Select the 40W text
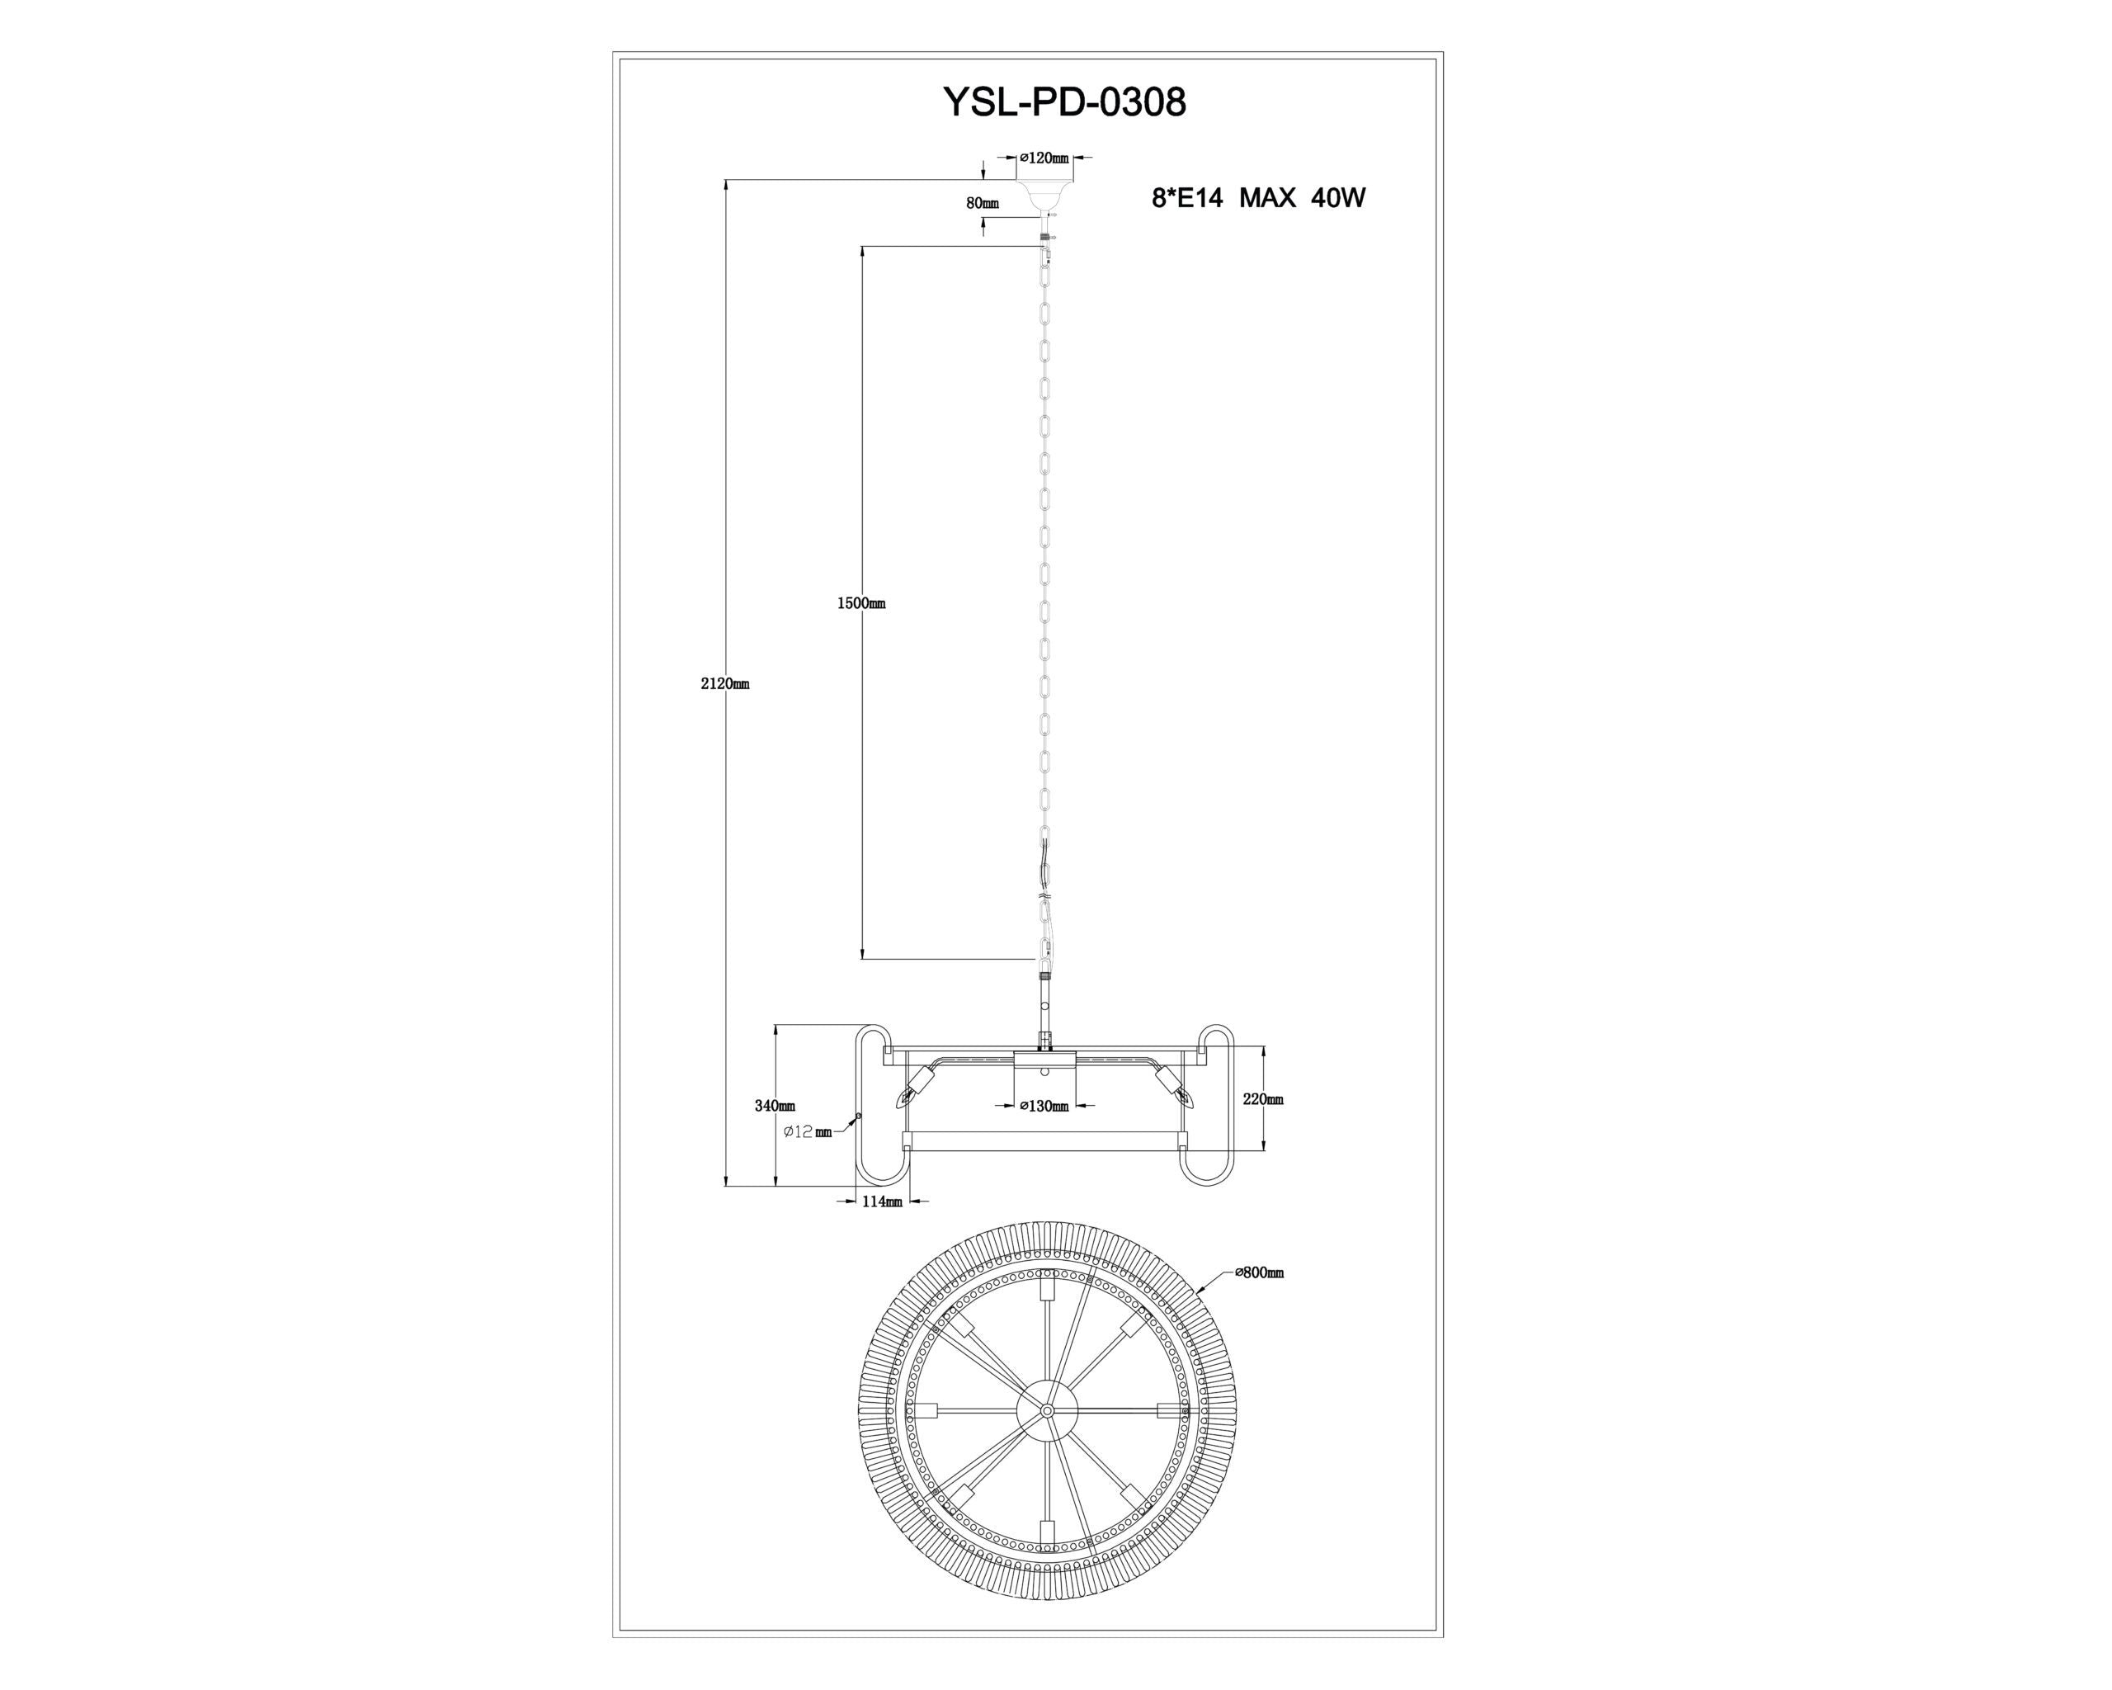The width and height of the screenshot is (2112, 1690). (1338, 199)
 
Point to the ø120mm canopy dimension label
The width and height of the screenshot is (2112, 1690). (1044, 157)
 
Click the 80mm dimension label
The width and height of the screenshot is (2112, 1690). (983, 204)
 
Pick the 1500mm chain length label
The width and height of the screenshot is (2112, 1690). (861, 603)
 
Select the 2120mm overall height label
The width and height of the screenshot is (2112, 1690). (725, 684)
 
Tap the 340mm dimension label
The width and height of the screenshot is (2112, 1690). (775, 1106)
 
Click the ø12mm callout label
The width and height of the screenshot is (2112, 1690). (808, 1132)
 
